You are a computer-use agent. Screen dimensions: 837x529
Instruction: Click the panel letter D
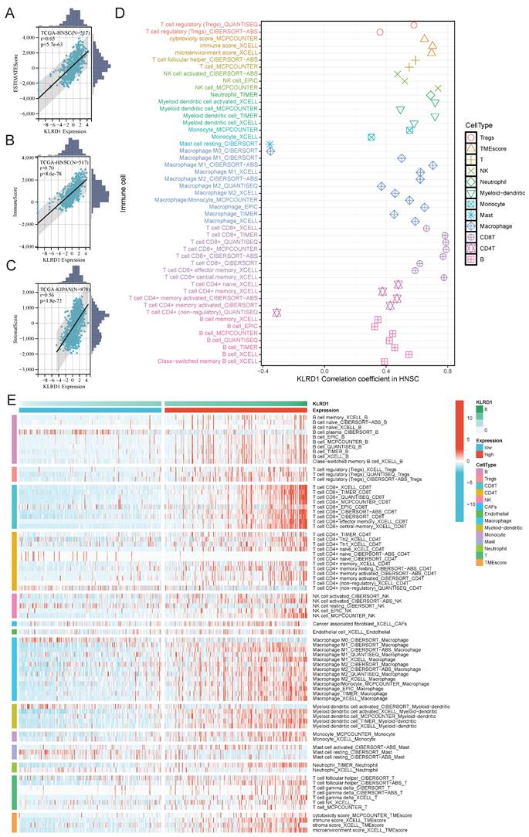point(119,12)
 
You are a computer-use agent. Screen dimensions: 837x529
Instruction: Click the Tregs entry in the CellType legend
point(489,137)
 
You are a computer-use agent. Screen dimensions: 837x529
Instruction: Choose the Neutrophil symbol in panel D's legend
point(470,182)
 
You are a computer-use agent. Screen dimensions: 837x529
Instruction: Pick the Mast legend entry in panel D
point(470,215)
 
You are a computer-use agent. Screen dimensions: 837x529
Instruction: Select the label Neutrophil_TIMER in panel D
point(235,94)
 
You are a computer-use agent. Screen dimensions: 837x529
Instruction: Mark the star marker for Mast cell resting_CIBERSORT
point(270,144)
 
